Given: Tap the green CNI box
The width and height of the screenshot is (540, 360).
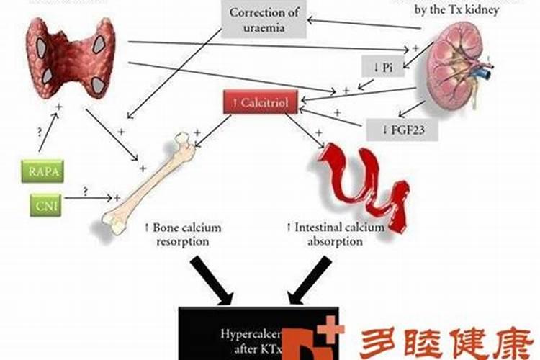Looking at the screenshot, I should (45, 205).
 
